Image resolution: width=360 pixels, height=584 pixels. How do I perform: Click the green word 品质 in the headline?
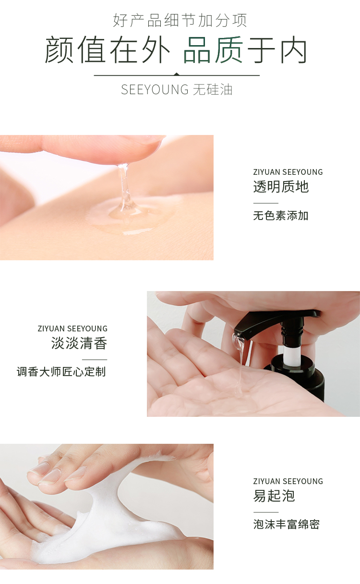214,50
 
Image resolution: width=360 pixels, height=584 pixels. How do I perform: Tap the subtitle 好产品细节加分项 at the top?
180,20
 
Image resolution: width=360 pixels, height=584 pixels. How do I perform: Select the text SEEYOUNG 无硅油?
177,89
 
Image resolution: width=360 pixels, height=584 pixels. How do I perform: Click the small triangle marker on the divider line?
177,74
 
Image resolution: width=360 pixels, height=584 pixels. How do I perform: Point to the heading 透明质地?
281,187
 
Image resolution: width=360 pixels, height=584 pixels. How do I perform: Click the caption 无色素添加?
281,216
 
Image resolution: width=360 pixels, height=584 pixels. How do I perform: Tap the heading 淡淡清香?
79,343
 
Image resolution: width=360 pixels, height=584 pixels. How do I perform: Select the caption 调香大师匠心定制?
61,372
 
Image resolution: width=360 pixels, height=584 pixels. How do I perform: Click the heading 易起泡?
274,496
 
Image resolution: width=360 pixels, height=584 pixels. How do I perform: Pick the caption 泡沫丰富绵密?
286,524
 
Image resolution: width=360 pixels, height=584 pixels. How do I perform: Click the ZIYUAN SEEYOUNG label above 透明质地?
288,172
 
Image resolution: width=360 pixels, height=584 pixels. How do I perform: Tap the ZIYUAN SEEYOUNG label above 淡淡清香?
72,328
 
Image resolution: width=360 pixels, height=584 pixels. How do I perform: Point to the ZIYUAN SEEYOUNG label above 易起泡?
288,481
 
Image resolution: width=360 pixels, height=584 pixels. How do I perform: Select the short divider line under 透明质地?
266,203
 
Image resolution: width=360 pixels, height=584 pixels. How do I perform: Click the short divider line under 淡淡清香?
95,360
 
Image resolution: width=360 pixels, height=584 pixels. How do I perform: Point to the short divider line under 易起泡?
266,512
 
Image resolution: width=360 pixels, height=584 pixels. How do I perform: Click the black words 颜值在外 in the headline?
108,50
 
